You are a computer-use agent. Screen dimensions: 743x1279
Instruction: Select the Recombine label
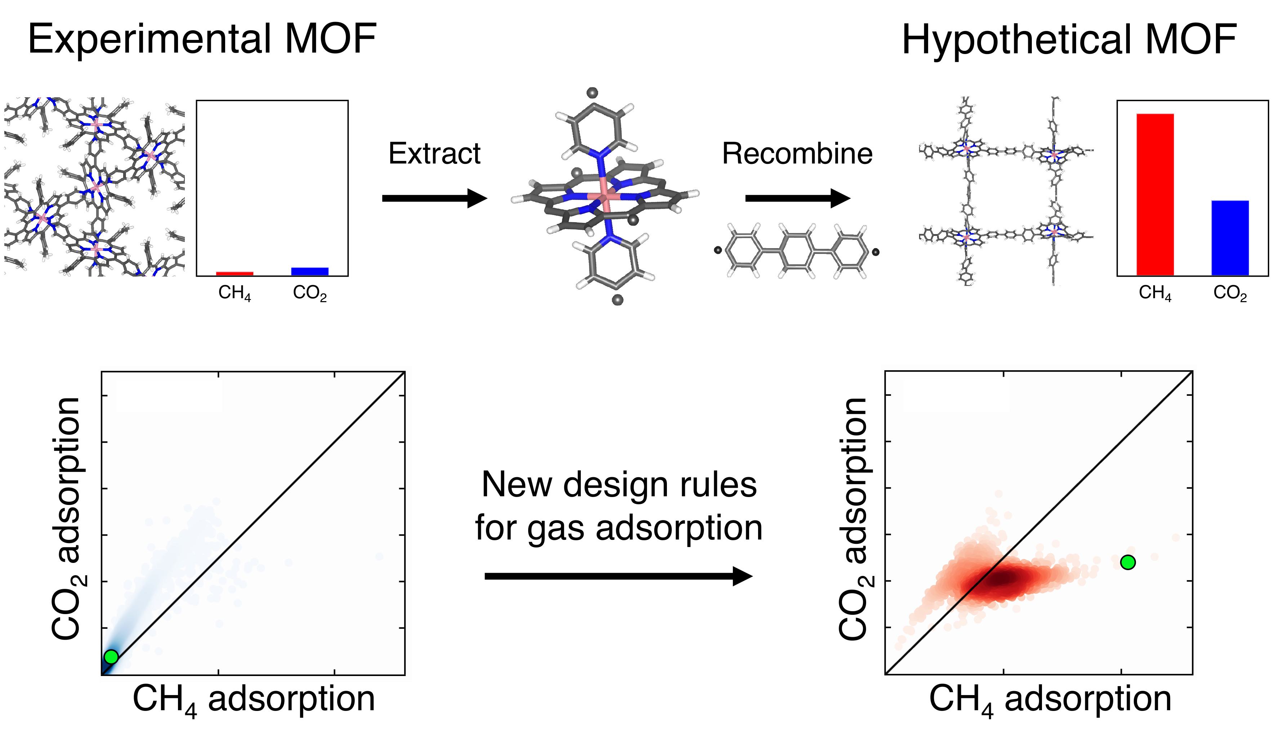point(797,153)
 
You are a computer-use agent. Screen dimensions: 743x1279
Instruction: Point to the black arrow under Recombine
point(797,198)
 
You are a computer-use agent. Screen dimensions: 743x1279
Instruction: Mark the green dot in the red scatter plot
point(1128,562)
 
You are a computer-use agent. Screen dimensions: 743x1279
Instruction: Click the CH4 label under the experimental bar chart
point(235,293)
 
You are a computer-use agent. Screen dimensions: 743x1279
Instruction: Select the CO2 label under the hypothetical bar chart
point(1230,293)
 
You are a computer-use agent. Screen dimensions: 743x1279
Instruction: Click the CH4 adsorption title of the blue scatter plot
point(253,699)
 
